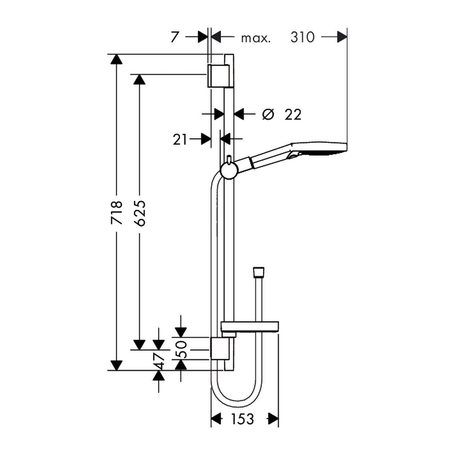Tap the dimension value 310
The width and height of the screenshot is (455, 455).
pos(303,37)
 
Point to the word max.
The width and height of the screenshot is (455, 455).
pos(255,38)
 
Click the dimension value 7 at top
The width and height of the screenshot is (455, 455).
pos(175,37)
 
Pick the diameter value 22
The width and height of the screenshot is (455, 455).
pos(293,115)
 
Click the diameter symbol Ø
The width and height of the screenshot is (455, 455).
pos(267,114)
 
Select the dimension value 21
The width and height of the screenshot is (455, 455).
pos(180,140)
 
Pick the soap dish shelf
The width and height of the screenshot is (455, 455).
pos(250,327)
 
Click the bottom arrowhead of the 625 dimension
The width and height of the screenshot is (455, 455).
pos(140,344)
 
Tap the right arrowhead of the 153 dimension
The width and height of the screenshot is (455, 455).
pos(273,419)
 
